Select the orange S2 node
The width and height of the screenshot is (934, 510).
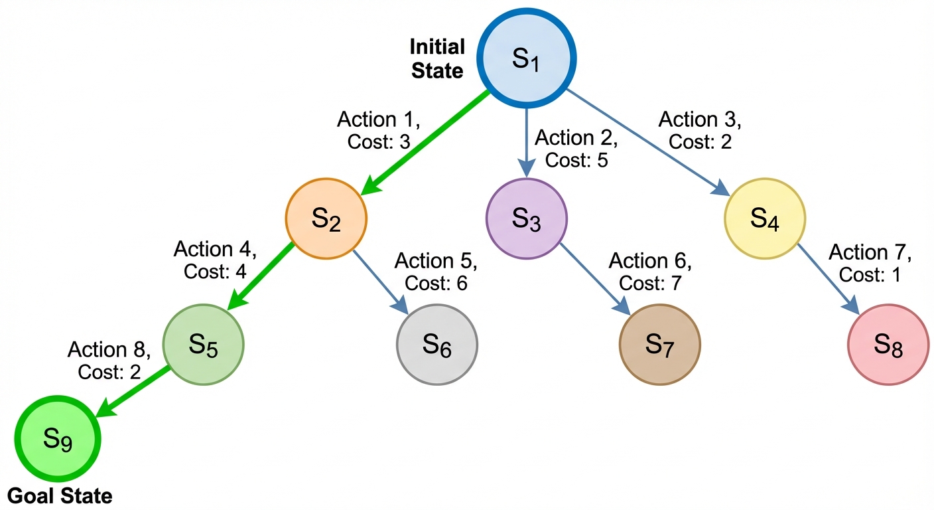[x=326, y=218]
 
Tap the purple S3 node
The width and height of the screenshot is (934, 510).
[x=527, y=218]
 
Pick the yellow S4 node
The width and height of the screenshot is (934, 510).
[x=764, y=218]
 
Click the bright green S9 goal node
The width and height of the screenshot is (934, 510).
[x=58, y=439]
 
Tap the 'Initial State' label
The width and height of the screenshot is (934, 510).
[x=437, y=59]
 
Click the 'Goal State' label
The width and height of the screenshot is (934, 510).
[x=60, y=495]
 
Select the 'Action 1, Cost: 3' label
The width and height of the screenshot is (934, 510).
[x=379, y=130]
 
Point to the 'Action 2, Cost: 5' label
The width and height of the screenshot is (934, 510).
[x=576, y=149]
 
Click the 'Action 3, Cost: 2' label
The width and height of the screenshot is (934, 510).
[x=700, y=130]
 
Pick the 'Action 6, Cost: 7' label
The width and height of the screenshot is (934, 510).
[x=650, y=272]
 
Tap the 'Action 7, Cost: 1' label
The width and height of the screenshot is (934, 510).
[x=870, y=264]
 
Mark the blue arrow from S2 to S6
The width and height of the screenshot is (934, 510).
[x=379, y=281]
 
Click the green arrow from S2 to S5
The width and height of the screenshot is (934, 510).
[x=261, y=276]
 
